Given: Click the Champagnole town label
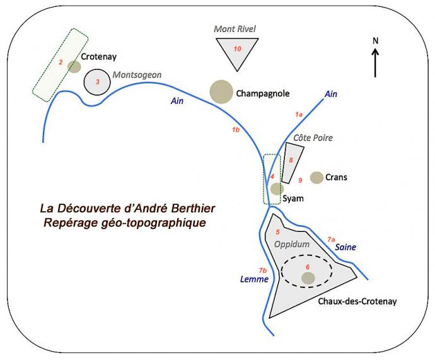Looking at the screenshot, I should click(x=262, y=93).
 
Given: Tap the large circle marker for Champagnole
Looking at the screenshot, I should click(x=221, y=91).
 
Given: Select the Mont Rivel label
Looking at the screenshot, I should click(x=236, y=29).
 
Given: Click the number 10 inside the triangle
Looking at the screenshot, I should click(x=237, y=49).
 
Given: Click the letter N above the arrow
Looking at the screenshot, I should click(x=376, y=41).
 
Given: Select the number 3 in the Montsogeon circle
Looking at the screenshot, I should click(x=97, y=82).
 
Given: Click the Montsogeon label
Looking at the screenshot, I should click(x=137, y=74).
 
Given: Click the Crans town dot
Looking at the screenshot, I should click(x=316, y=177).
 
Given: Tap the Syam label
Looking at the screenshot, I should click(x=293, y=199).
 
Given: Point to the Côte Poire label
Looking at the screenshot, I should click(x=313, y=137).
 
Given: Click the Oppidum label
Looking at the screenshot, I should click(x=291, y=244).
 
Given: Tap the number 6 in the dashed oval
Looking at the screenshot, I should click(x=308, y=267).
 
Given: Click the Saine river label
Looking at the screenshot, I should click(x=345, y=247).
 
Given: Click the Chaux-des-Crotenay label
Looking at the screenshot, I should click(x=357, y=302).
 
